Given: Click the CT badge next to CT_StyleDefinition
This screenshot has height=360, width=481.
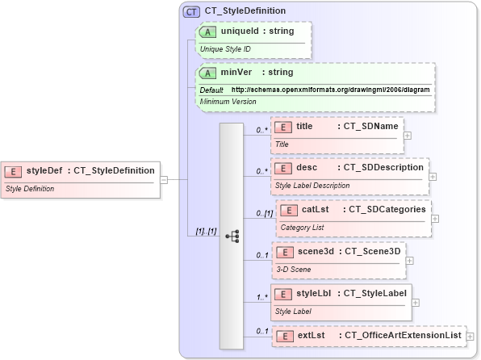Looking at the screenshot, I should pyautogui.click(x=191, y=11).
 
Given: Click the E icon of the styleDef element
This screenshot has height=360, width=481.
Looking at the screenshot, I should pyautogui.click(x=14, y=170).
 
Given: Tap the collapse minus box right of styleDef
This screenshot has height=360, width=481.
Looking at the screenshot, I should pyautogui.click(x=164, y=179).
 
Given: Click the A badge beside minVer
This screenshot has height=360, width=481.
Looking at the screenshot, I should pyautogui.click(x=208, y=73).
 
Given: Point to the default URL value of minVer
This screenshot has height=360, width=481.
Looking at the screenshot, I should pyautogui.click(x=331, y=90).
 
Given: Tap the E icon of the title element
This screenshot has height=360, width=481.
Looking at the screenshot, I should pyautogui.click(x=283, y=126).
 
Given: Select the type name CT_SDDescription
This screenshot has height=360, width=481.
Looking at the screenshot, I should pyautogui.click(x=383, y=167).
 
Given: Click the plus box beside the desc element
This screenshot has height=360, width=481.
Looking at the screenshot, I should pyautogui.click(x=433, y=176).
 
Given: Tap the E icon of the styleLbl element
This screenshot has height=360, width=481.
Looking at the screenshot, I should pyautogui.click(x=283, y=293).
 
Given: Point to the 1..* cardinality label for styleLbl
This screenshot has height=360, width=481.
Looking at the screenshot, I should pyautogui.click(x=261, y=296).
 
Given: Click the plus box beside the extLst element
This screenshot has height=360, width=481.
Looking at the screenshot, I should pyautogui.click(x=471, y=335).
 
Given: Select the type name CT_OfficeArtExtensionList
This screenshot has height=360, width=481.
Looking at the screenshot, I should pyautogui.click(x=402, y=334).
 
